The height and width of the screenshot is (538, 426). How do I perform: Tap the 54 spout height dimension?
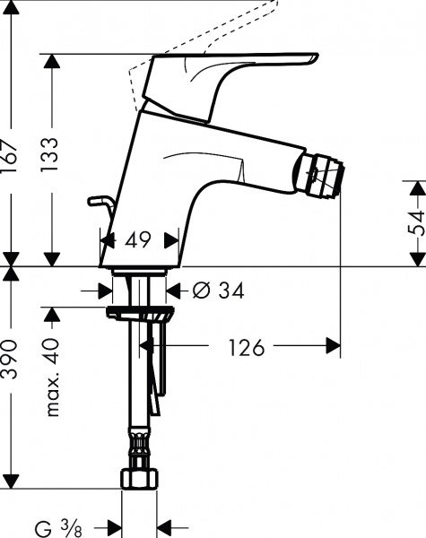tap(415, 222)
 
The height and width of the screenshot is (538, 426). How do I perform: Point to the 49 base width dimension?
tap(138, 240)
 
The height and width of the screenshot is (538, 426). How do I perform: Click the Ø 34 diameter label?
tap(219, 291)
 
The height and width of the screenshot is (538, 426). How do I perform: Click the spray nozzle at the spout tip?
tap(324, 171)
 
